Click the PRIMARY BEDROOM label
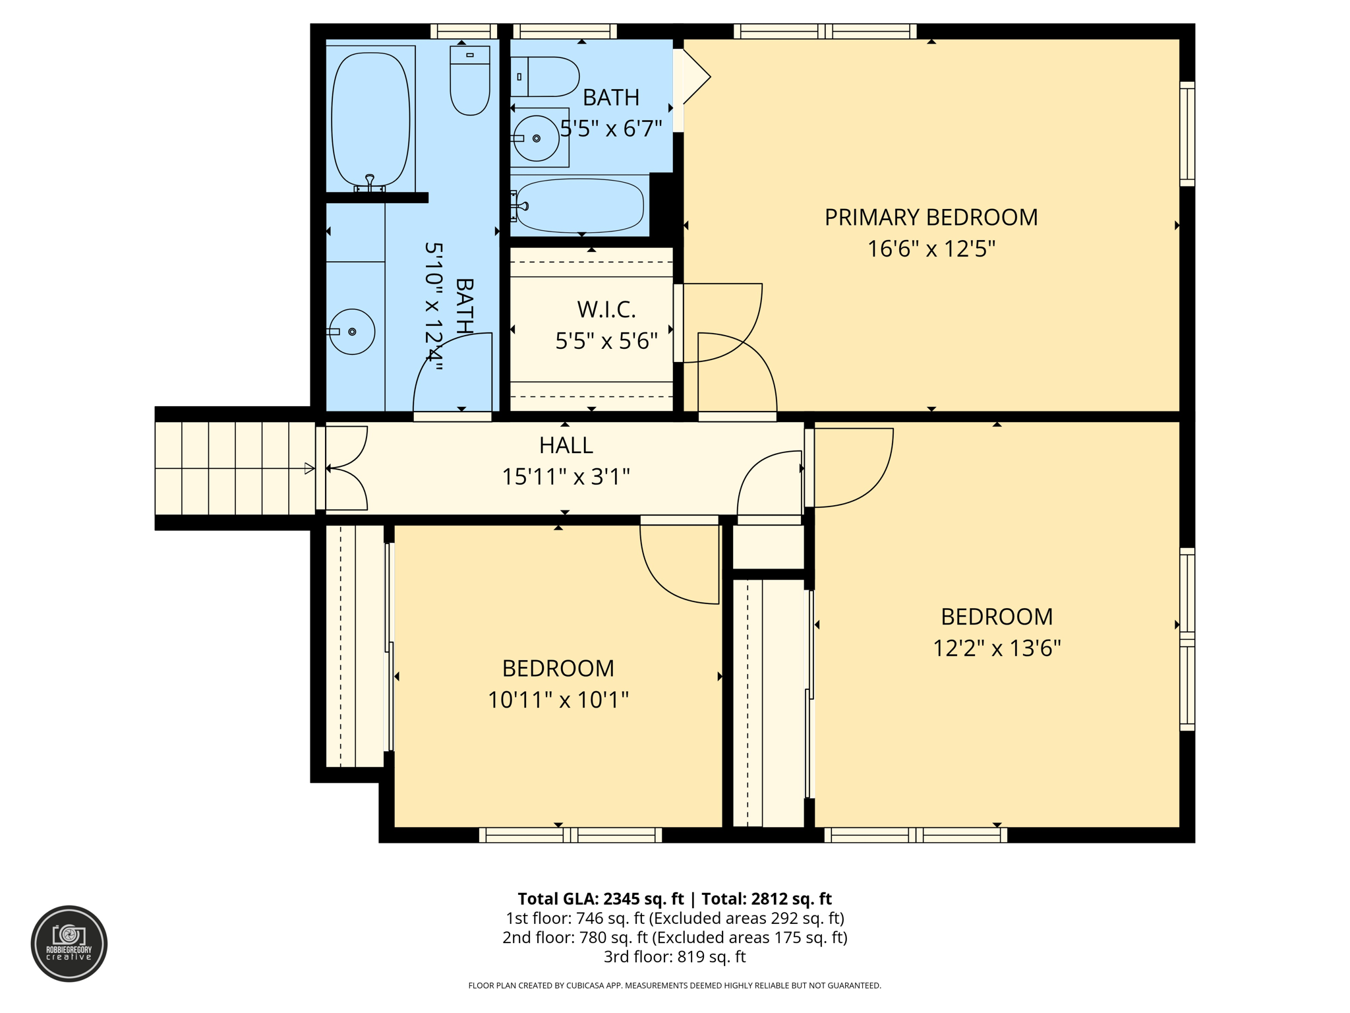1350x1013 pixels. pyautogui.click(x=931, y=217)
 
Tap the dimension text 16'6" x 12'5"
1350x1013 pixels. pyautogui.click(x=931, y=249)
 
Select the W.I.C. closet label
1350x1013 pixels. pyautogui.click(x=606, y=309)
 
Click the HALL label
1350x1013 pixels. pyautogui.click(x=566, y=445)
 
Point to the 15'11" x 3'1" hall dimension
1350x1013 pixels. pyautogui.click(x=566, y=476)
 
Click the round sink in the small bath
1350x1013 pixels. pyautogui.click(x=536, y=138)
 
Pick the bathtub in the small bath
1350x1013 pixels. pyautogui.click(x=579, y=206)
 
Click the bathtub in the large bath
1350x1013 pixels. pyautogui.click(x=370, y=119)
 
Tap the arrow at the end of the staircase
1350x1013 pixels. pyautogui.click(x=308, y=468)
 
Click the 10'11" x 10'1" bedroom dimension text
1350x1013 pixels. pyautogui.click(x=558, y=700)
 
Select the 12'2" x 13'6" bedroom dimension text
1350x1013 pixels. pyautogui.click(x=996, y=648)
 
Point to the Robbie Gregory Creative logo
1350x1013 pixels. pyautogui.click(x=69, y=943)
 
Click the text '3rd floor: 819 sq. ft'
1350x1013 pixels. pyautogui.click(x=674, y=956)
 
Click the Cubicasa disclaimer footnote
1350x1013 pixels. pyautogui.click(x=674, y=985)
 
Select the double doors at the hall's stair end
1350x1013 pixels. pyautogui.click(x=344, y=468)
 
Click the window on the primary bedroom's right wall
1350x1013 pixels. pyautogui.click(x=1187, y=134)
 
